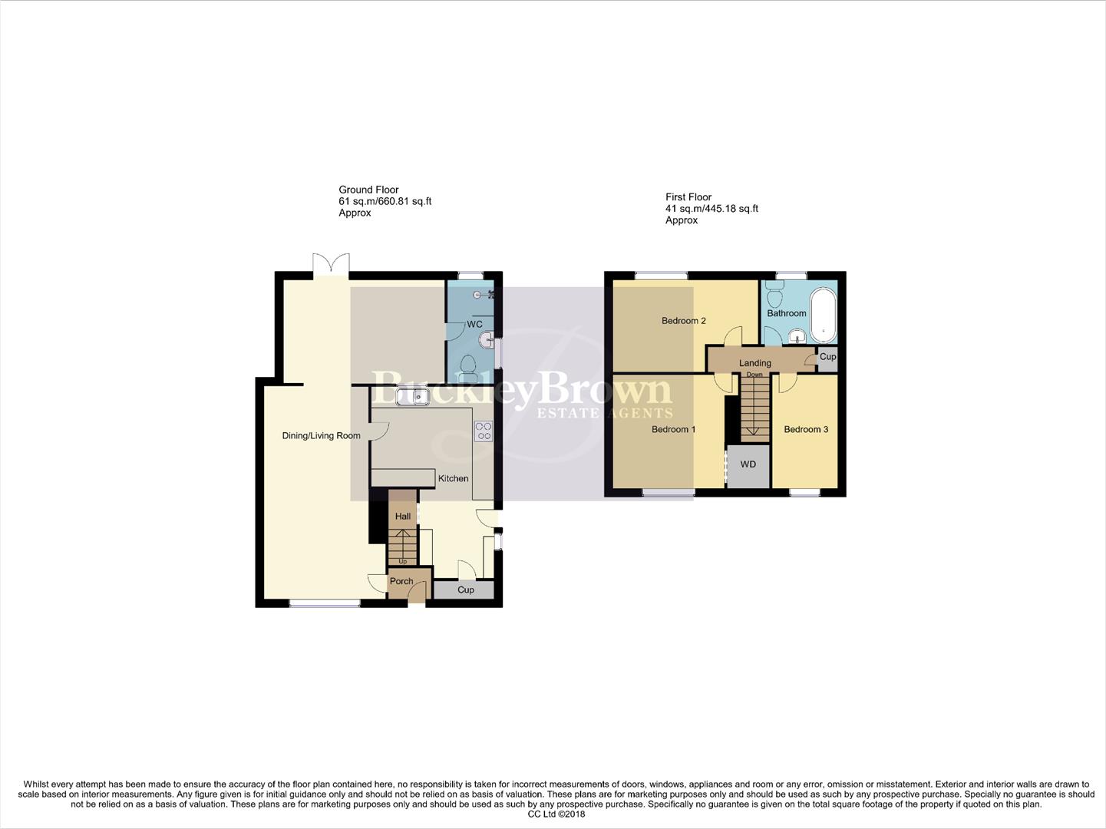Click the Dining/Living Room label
pos(321,436)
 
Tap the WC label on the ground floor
pos(474,325)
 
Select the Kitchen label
pos(453,478)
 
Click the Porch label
pos(401,581)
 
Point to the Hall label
pos(403,517)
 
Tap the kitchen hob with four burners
pos(484,431)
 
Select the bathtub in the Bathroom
pos(823,315)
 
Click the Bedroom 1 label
pos(673,429)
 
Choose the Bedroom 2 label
pos(683,321)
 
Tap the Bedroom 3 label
pos(805,429)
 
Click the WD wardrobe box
pos(748,464)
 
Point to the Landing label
pos(754,363)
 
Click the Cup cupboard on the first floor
pos(827,357)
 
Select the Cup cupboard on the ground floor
pos(465,590)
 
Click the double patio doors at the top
pos(332,263)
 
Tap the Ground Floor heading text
pos(368,190)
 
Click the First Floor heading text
pos(688,197)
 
